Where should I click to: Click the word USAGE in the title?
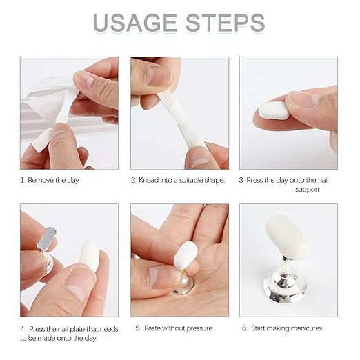135,23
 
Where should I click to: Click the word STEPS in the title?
226,23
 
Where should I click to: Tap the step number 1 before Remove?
22,180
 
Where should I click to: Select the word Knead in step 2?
148,180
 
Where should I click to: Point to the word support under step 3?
308,190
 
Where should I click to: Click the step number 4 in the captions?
22,329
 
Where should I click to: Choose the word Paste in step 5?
152,328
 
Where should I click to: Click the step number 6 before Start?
244,328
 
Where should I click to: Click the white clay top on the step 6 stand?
286,238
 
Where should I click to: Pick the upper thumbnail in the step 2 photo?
159,76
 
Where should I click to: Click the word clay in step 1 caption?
73,180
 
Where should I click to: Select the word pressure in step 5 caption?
199,329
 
